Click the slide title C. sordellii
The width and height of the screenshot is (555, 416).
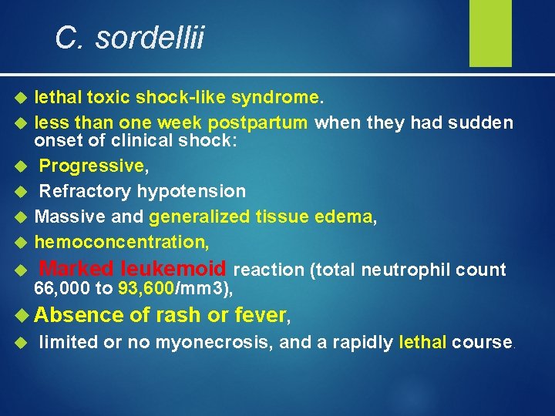coord(129,37)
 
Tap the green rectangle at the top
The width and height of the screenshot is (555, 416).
coord(491,32)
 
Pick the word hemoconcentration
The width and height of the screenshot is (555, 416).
coord(120,242)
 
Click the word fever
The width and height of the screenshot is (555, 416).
coord(260,315)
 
